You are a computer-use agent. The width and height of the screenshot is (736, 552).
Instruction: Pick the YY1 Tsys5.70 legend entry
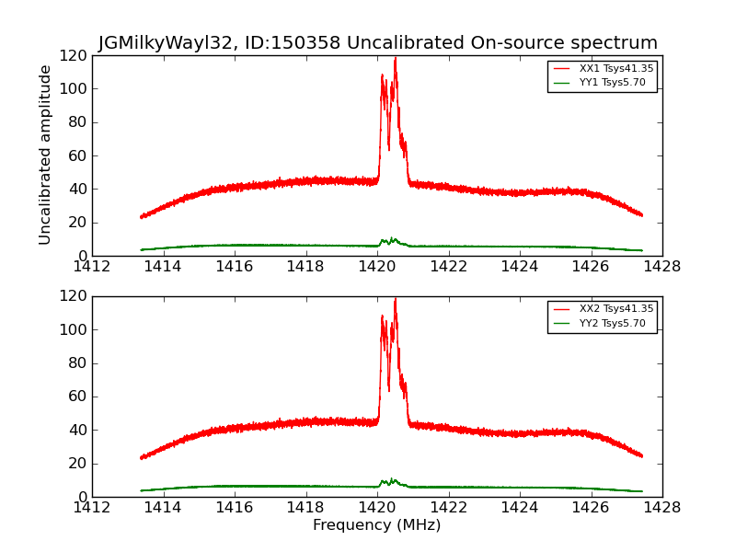[x=613, y=83]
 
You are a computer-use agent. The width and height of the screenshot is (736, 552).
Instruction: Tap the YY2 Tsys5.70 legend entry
[x=613, y=323]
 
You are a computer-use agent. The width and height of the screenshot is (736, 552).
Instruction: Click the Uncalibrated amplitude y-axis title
[x=46, y=155]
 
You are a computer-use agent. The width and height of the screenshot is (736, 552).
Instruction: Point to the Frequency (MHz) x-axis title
[x=376, y=525]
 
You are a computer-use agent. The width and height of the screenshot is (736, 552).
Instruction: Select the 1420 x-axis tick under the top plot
[x=376, y=267]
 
